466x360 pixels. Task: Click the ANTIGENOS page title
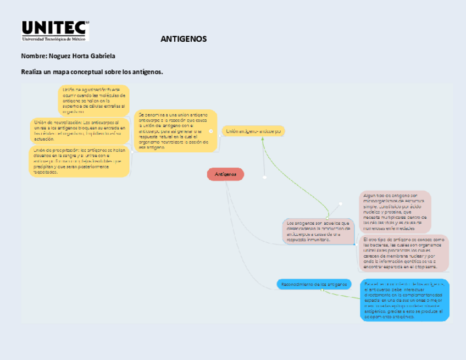(184, 39)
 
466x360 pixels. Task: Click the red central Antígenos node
(225, 174)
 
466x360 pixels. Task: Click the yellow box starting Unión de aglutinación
(93, 99)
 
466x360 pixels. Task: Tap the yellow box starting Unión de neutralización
(80, 130)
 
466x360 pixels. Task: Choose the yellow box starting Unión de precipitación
(79, 161)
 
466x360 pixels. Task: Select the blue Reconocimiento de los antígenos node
(314, 284)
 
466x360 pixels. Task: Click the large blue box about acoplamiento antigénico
(405, 300)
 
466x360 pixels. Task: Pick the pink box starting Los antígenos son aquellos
(318, 231)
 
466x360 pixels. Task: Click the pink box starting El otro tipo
(406, 253)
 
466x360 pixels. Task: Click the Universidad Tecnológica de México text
(55, 39)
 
